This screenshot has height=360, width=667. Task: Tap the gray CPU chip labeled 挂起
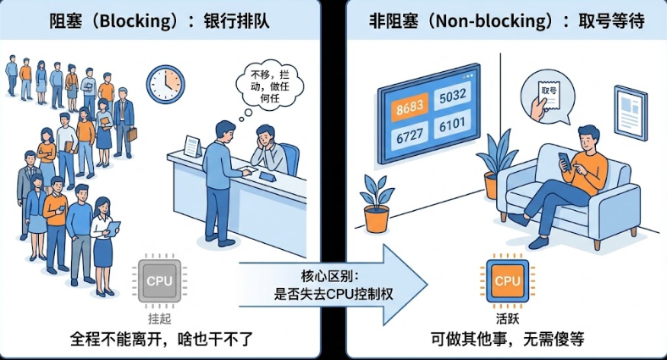[158, 280]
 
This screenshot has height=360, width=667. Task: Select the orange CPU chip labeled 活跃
[507, 280]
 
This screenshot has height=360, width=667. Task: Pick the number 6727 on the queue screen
[407, 136]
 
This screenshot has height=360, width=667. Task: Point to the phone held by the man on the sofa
[565, 159]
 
